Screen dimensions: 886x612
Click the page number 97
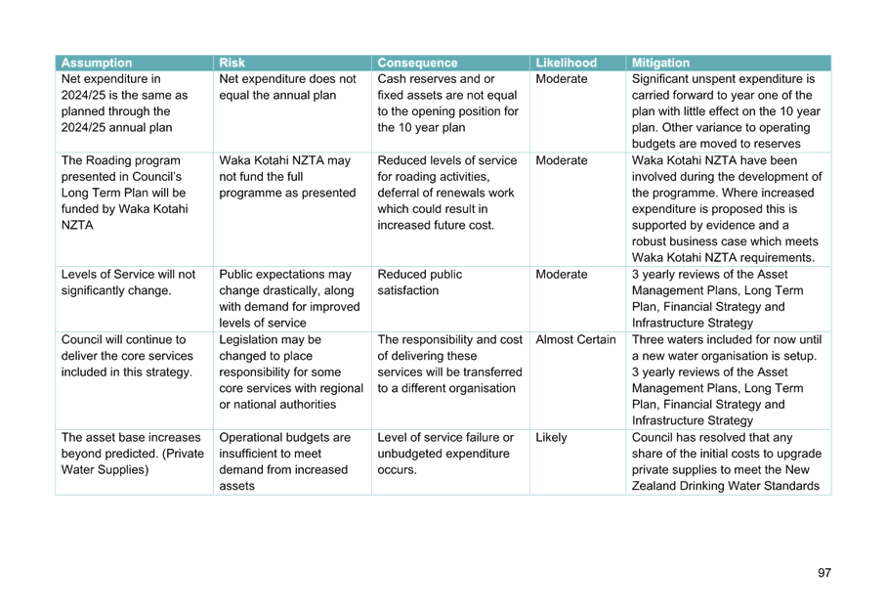pyautogui.click(x=824, y=573)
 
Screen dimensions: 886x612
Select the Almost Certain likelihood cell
pyautogui.click(x=575, y=339)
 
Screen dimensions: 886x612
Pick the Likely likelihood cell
pyautogui.click(x=551, y=438)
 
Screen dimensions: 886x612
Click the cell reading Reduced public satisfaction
pyautogui.click(x=420, y=283)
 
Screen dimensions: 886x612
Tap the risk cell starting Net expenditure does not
pyautogui.click(x=287, y=87)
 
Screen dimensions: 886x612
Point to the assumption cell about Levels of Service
pyautogui.click(x=128, y=283)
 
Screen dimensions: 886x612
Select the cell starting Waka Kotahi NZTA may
pyautogui.click(x=287, y=177)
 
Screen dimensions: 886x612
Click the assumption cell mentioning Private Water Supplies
pyautogui.click(x=133, y=454)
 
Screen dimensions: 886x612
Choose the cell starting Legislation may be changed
pyautogui.click(x=291, y=372)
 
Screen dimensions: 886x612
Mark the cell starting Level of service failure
pyautogui.click(x=445, y=454)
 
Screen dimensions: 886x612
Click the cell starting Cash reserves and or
pyautogui.click(x=448, y=103)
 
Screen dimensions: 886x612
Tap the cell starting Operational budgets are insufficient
pyautogui.click(x=285, y=461)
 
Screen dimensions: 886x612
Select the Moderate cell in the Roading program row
pyautogui.click(x=562, y=160)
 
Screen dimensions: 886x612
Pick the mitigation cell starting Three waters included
pyautogui.click(x=727, y=380)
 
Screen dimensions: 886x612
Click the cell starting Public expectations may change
pyautogui.click(x=289, y=298)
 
